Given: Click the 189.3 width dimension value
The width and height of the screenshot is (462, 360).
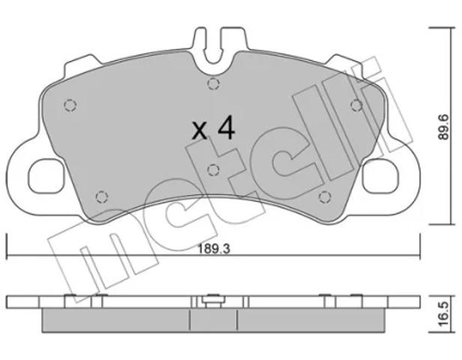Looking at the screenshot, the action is [214, 249].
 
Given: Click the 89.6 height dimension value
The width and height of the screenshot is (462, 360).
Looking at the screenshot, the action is [442, 127].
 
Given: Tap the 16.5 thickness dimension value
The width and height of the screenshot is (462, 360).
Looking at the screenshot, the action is [442, 313].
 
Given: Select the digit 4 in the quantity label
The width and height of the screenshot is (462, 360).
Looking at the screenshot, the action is [226, 127].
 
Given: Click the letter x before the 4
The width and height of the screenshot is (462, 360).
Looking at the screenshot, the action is [199, 130].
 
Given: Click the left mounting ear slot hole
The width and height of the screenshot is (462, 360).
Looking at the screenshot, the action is [46, 176].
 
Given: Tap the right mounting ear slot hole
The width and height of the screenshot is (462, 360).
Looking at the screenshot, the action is [380, 176].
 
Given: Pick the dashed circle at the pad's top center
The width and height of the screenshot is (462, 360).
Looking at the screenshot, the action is [213, 84].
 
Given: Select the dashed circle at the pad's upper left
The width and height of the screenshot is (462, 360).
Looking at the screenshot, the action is [70, 105].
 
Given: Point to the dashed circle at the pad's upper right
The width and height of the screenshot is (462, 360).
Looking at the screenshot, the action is [356, 105].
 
